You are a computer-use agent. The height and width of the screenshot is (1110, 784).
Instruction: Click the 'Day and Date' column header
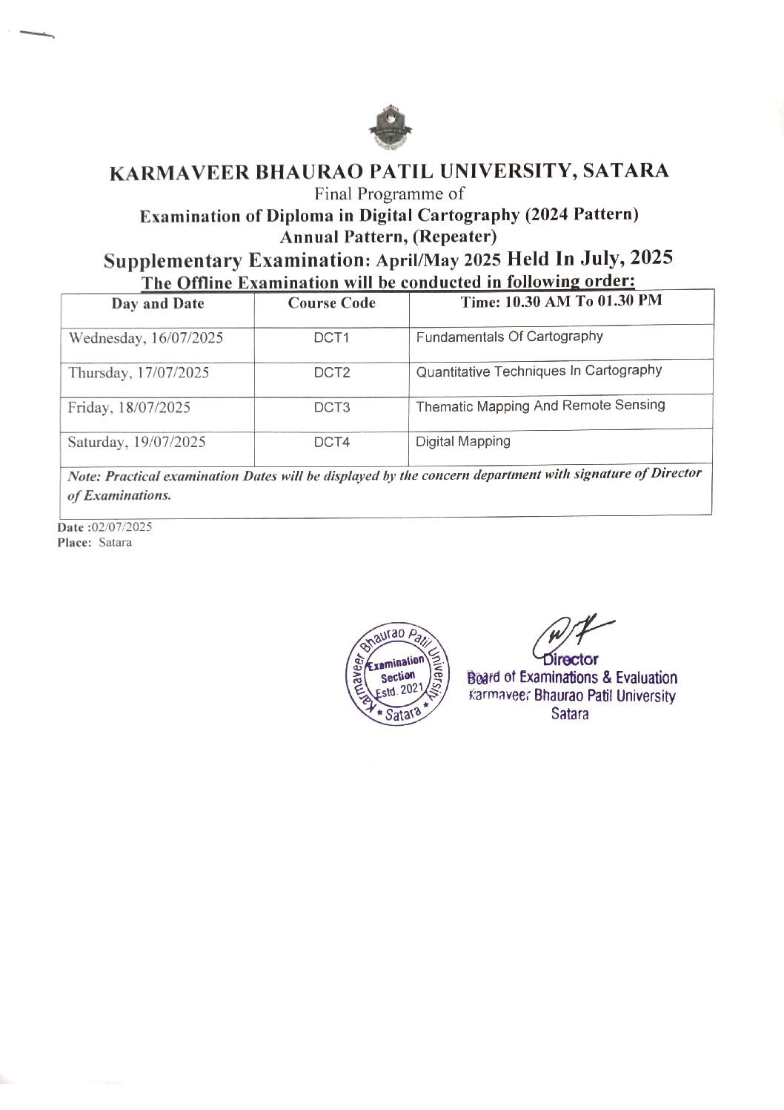pos(158,303)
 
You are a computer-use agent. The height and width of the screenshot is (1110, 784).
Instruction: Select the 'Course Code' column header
pos(331,303)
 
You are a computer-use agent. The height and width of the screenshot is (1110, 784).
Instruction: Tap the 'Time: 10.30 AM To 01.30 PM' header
pos(561,301)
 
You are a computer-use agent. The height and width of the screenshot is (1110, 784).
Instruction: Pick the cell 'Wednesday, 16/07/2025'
pos(146,338)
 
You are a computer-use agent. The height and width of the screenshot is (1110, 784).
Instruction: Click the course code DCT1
pos(331,338)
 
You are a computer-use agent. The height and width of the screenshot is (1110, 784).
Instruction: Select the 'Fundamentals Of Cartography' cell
pos(509,337)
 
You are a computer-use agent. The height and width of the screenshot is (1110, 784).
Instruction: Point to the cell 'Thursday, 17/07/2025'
pos(139,372)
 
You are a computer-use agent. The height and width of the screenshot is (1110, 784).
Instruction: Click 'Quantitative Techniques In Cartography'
pos(539,371)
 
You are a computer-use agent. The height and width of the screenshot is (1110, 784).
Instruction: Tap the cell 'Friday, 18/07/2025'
pos(129,407)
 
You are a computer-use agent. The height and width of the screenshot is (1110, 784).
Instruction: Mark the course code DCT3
pos(331,407)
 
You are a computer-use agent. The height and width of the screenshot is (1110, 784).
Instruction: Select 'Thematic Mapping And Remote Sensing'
pos(540,406)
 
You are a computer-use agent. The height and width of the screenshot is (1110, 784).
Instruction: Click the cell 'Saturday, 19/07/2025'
pos(137,443)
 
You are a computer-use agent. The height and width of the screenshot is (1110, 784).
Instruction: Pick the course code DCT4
pos(331,443)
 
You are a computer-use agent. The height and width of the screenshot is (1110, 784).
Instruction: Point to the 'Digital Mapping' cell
pos(463,441)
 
